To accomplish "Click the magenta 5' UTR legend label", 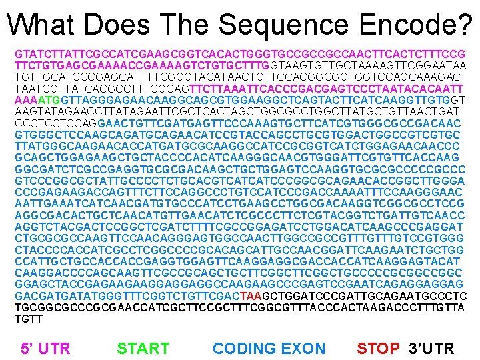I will tap(45, 348).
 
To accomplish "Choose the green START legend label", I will tap(143, 348).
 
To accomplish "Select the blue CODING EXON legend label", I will tap(269, 348).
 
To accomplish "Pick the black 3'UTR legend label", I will tap(431, 348).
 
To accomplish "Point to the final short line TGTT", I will tap(29, 319).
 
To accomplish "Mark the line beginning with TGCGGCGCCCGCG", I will tap(239, 307).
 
